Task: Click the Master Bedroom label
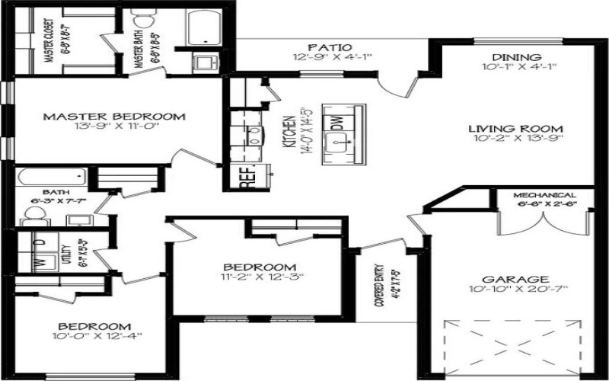click(114, 117)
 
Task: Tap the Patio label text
click(329, 47)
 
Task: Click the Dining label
click(516, 57)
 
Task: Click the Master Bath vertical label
click(139, 46)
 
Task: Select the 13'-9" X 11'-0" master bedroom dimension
click(114, 128)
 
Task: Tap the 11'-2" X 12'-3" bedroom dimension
click(259, 277)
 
